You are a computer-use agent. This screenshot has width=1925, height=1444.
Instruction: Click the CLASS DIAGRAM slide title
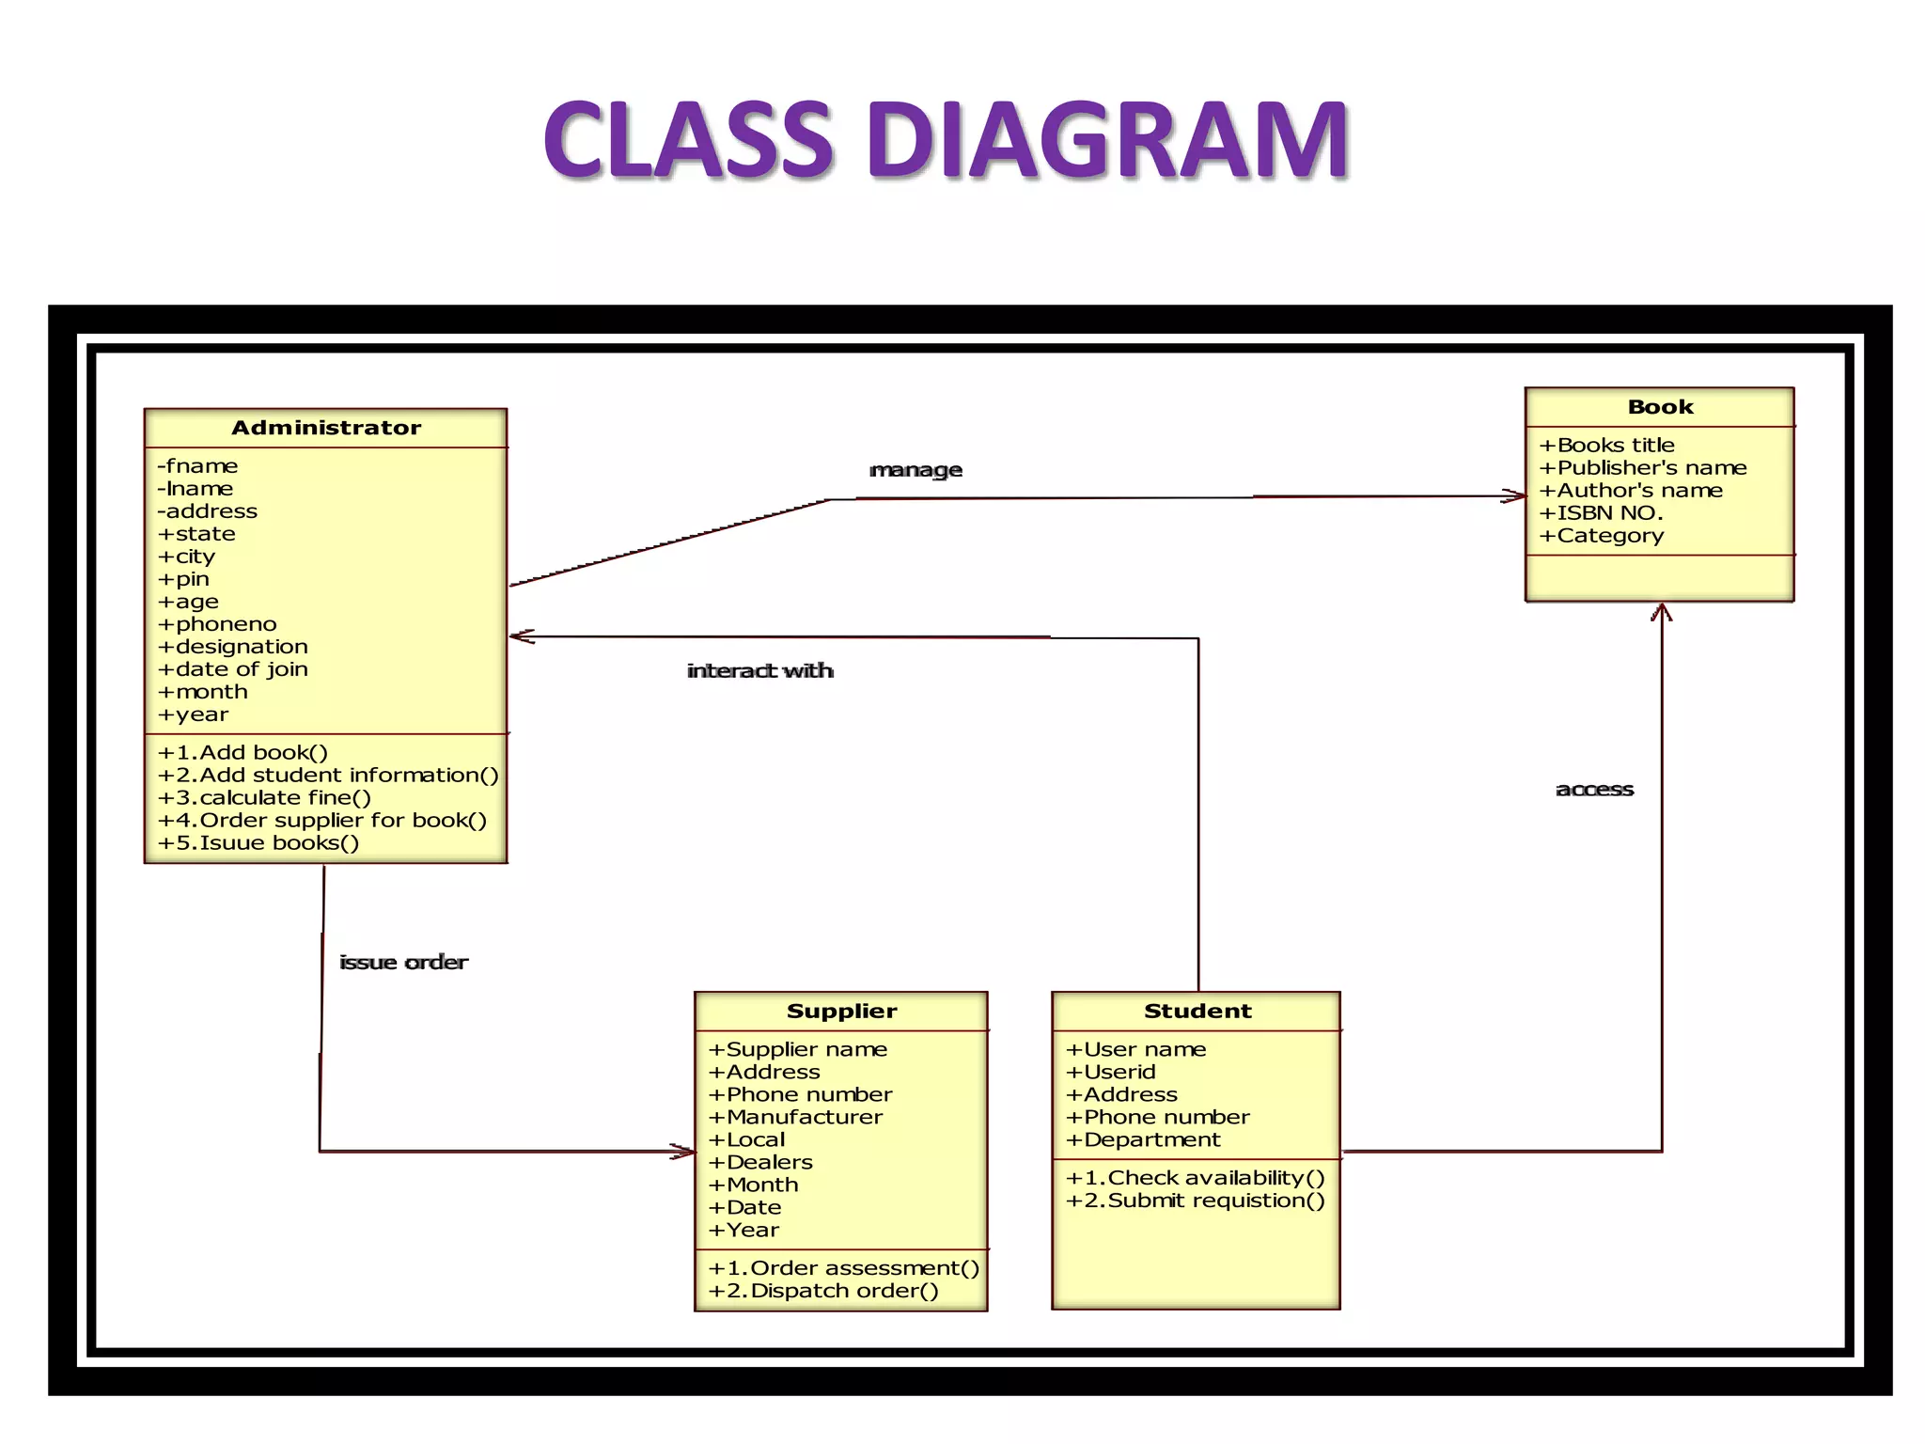click(x=946, y=140)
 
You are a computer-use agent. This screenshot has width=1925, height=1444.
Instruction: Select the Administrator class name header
click(x=326, y=428)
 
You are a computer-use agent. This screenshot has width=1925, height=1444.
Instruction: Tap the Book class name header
click(x=1660, y=407)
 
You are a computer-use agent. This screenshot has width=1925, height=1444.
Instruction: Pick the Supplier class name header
click(x=841, y=1012)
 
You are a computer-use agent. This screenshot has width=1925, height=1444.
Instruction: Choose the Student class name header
click(x=1197, y=1012)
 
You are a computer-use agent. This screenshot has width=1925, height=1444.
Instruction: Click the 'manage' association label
click(x=916, y=470)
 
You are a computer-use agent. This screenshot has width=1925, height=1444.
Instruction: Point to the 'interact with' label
click(x=759, y=671)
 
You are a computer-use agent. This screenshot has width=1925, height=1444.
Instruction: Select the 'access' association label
click(x=1594, y=790)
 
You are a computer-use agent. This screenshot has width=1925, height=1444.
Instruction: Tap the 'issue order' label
click(x=403, y=963)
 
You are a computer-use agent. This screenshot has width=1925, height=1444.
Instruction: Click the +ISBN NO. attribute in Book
click(x=1601, y=513)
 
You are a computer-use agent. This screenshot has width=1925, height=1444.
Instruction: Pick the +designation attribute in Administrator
click(x=233, y=647)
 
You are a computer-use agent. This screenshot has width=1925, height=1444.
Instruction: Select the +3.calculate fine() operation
click(x=265, y=798)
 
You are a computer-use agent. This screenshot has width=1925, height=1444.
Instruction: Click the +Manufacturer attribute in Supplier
click(x=795, y=1118)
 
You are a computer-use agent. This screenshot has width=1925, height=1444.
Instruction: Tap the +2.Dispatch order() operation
click(x=823, y=1292)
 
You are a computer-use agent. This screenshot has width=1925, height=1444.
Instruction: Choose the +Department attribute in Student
click(x=1143, y=1140)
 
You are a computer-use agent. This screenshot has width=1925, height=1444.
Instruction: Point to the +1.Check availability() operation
click(x=1196, y=1178)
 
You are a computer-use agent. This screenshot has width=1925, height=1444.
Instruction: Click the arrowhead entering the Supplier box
click(x=684, y=1152)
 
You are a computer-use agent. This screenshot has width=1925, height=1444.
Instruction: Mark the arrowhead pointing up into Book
click(x=1661, y=613)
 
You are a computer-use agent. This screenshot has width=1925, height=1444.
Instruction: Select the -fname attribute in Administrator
click(x=197, y=466)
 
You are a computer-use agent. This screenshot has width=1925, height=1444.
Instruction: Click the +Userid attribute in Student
click(x=1111, y=1073)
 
